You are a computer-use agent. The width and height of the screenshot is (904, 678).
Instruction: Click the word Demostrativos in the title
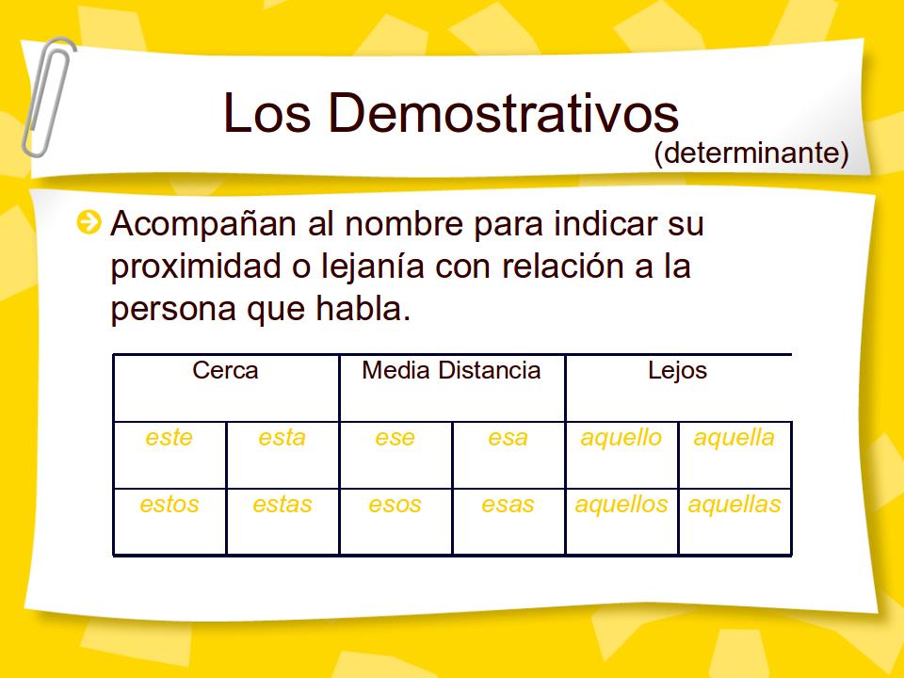click(502, 113)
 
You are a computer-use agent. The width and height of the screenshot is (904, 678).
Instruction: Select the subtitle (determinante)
click(751, 153)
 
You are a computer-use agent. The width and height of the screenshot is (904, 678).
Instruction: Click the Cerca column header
click(225, 371)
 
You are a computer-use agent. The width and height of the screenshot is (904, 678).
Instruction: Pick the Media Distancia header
click(451, 371)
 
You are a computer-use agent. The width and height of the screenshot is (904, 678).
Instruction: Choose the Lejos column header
click(677, 371)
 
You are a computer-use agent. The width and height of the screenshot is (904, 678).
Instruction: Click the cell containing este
click(169, 438)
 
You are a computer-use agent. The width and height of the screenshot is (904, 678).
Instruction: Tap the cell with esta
click(282, 438)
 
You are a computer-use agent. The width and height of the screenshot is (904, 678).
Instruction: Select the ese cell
click(395, 438)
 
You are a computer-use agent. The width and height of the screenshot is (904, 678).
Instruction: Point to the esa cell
click(508, 438)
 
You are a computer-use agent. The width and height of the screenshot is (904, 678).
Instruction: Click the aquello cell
click(621, 438)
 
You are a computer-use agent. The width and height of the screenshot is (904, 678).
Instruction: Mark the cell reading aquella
click(734, 438)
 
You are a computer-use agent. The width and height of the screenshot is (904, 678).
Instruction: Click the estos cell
click(169, 505)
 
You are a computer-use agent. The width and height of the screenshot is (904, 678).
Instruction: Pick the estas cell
click(282, 505)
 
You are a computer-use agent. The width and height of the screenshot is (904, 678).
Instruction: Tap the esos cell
click(395, 505)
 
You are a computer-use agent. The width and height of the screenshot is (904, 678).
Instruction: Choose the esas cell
click(508, 505)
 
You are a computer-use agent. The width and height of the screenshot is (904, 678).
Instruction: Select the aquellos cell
click(621, 505)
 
